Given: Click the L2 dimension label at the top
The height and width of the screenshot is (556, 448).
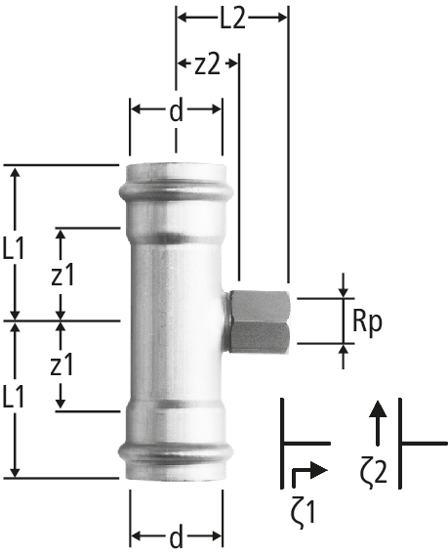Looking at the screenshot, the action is click(x=232, y=19).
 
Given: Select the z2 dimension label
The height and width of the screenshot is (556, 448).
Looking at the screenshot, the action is click(x=207, y=64).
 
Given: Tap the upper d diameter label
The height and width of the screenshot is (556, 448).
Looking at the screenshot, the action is click(x=176, y=110).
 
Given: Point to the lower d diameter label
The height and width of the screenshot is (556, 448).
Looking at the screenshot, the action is click(x=176, y=535).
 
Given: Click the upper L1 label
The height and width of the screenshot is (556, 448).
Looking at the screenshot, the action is click(x=14, y=248).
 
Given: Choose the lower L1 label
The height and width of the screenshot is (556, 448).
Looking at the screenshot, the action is click(x=14, y=396).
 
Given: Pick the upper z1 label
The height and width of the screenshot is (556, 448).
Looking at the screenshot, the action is click(x=62, y=275).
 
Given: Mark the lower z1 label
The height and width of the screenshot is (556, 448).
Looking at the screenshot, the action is click(x=61, y=364).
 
